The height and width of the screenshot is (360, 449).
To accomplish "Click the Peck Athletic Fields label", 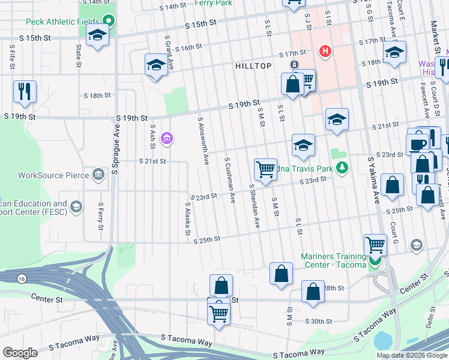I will coord(63,22).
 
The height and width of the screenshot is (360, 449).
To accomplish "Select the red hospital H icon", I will coord(325,52).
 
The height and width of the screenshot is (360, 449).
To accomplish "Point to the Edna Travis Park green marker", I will coord(342,167).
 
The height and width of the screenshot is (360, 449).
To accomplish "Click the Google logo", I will coord(20,353).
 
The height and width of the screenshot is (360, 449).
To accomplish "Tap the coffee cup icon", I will coord(418,143).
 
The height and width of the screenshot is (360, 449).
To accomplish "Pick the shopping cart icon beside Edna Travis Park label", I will coord(265,169).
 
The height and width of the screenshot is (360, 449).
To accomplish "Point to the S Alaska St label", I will coord(187,218).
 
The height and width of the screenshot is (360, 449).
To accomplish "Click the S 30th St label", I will coord(319,321).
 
